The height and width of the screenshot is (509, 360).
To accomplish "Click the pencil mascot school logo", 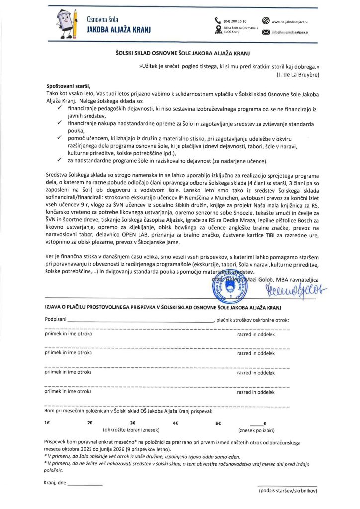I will pos(67,23).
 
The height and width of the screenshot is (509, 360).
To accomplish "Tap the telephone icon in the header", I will pos(218,20).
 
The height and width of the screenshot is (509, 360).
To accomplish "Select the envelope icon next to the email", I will pos(265,33).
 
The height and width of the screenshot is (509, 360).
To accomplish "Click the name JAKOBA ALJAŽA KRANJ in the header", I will pos(118,30).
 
